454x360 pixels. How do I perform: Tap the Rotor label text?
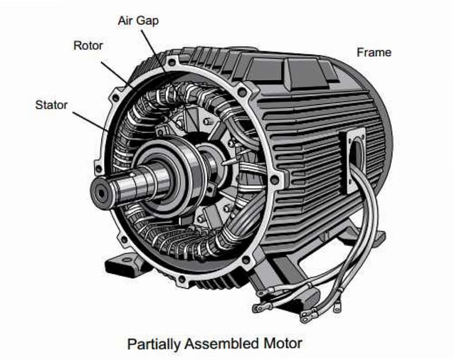[x=89, y=46]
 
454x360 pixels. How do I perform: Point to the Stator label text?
[x=51, y=105]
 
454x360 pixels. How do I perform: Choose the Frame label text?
[x=374, y=52]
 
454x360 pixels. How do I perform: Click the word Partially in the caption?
[x=155, y=344]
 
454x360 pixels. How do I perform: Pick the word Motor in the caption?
[x=283, y=344]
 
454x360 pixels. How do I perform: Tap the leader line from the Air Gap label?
[x=154, y=47]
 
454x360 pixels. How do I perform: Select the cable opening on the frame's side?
[x=354, y=159]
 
